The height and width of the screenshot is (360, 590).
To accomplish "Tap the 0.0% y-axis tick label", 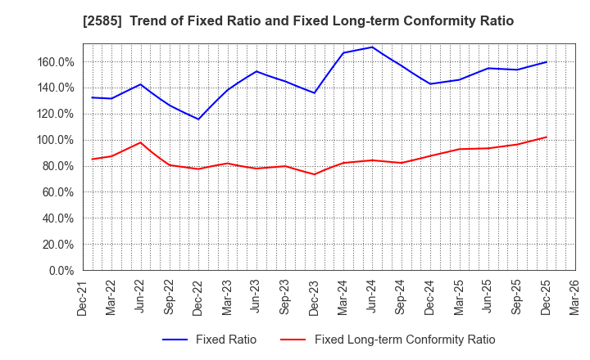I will tap(62, 271).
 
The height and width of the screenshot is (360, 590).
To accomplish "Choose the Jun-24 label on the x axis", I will tap(372, 296).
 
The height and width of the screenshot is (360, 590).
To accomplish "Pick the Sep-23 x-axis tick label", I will tap(285, 296).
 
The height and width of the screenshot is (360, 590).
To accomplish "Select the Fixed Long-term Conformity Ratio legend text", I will tap(405, 340).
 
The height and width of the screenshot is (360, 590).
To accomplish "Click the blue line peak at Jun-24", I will tap(372, 47).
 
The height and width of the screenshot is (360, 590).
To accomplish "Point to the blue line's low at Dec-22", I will tap(198, 119).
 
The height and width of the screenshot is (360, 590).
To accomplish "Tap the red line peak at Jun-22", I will tap(140, 142).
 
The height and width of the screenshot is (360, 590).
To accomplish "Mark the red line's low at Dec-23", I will tap(314, 174).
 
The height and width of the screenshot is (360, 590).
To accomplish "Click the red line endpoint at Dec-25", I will tap(546, 137).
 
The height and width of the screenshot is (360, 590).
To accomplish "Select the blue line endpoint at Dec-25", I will tap(546, 62).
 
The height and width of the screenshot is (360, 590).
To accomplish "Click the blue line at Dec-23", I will tap(314, 92).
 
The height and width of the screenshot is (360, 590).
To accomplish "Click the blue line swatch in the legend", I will tap(176, 340).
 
